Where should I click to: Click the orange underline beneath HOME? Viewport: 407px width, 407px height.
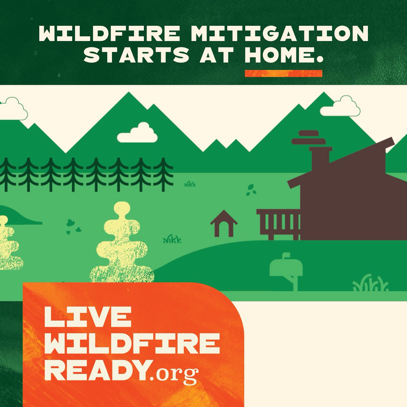(x=283, y=73)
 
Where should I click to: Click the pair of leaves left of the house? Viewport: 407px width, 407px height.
(x=251, y=190)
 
